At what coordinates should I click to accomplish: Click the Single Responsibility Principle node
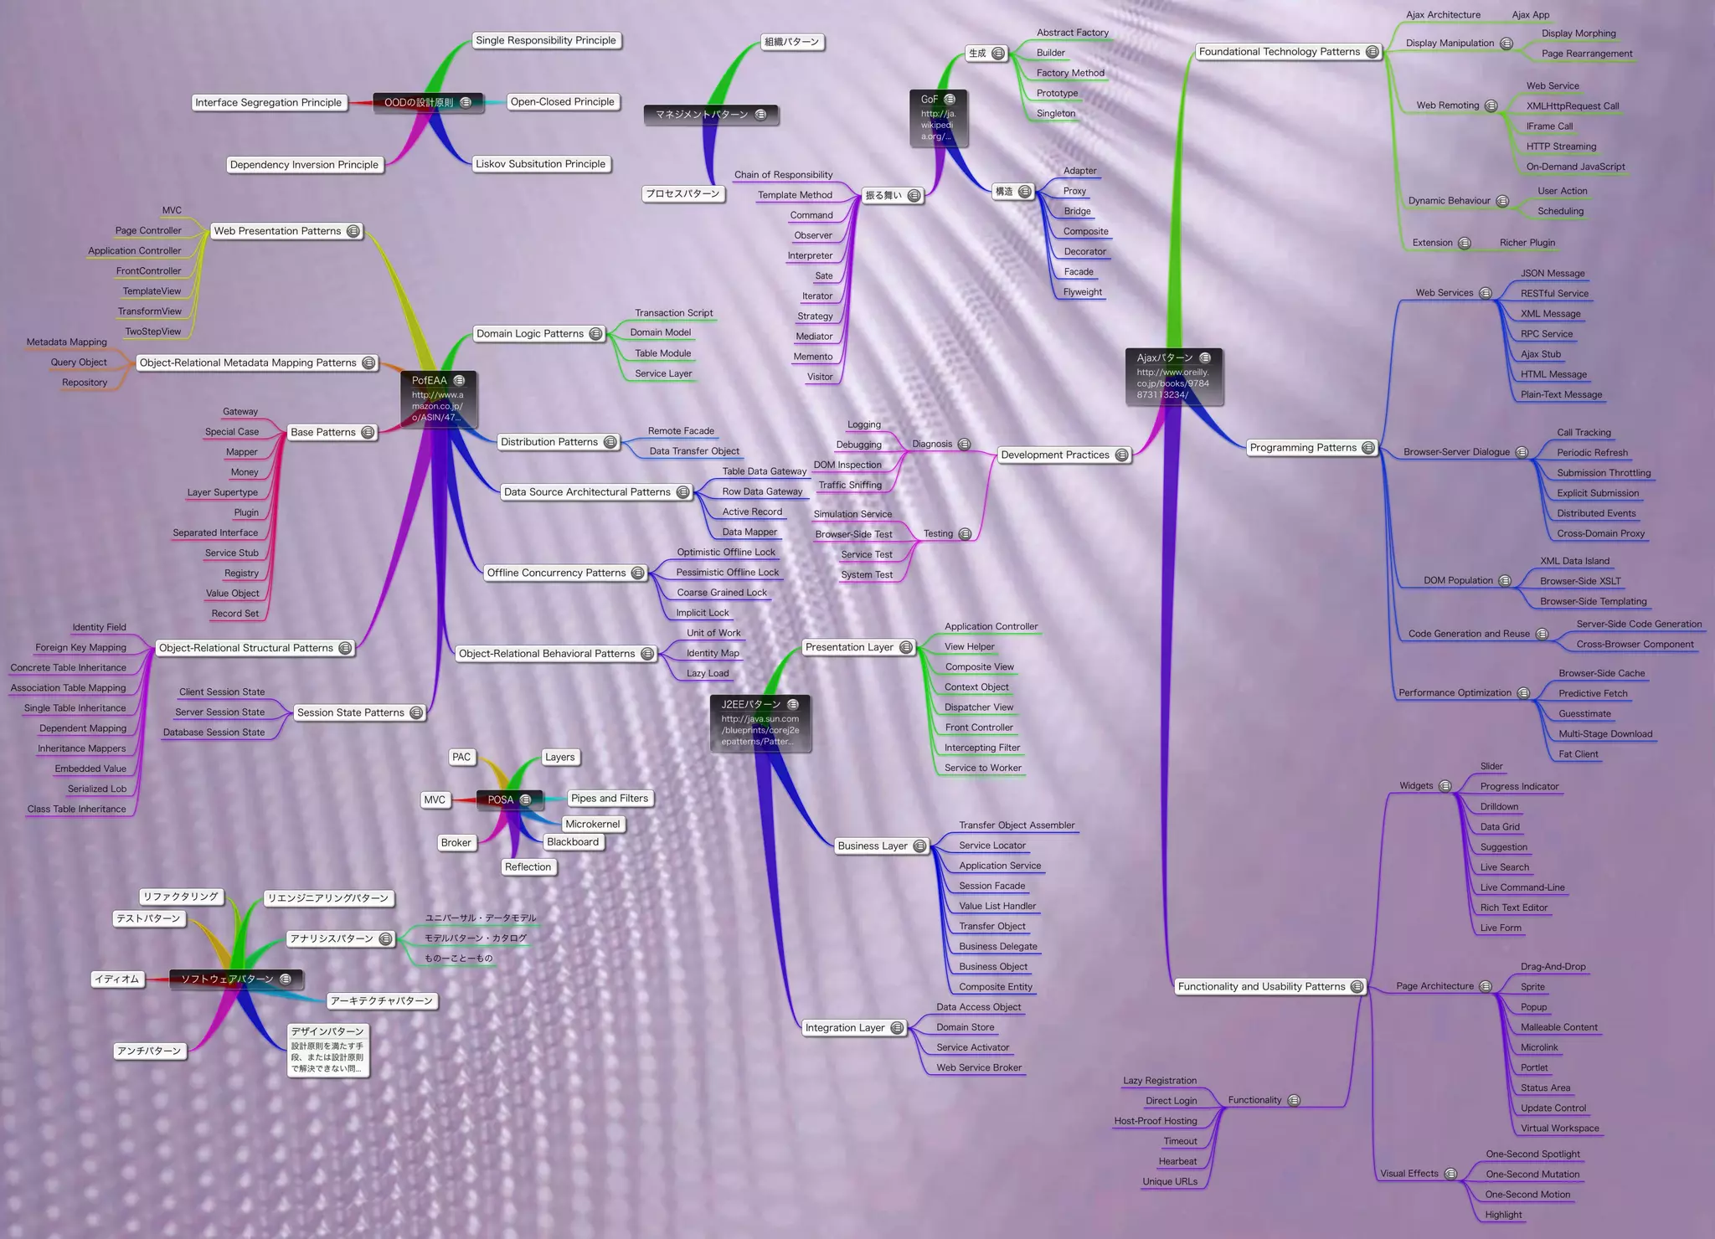click(x=545, y=40)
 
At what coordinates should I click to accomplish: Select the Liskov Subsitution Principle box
click(x=540, y=164)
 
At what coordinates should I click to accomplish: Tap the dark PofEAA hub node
click(x=438, y=398)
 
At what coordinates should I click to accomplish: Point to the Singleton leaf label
click(x=1055, y=114)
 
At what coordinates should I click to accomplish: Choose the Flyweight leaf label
click(x=1082, y=292)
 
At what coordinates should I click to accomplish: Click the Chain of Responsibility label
click(x=783, y=175)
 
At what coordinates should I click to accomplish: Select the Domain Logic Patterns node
click(x=530, y=333)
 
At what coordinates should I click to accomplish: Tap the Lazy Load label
click(x=708, y=673)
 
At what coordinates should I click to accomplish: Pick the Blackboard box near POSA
click(x=573, y=842)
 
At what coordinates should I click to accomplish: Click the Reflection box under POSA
click(x=528, y=867)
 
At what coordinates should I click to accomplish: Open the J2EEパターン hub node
click(x=760, y=722)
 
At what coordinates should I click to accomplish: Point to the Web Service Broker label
click(x=979, y=1067)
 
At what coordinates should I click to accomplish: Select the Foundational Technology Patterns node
click(x=1279, y=52)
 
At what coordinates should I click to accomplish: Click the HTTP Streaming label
click(x=1561, y=147)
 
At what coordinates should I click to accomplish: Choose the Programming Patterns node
click(x=1303, y=448)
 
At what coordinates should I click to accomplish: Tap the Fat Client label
click(x=1578, y=754)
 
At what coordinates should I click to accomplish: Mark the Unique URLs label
click(x=1170, y=1182)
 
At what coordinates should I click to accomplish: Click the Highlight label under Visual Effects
click(x=1503, y=1215)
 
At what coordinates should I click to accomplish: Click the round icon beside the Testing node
click(x=965, y=534)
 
